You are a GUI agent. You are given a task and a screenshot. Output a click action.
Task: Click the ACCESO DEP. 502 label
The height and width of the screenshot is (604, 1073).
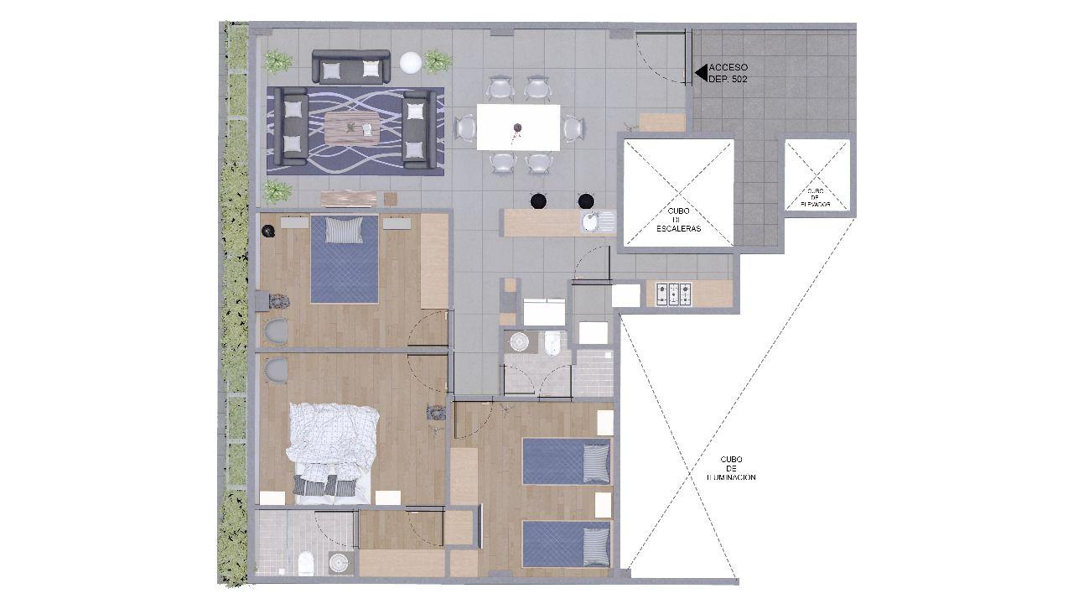[728, 73]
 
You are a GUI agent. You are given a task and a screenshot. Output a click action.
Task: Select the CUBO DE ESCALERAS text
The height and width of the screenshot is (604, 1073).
[678, 220]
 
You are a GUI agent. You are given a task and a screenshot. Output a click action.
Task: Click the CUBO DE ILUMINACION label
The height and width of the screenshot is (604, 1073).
[730, 468]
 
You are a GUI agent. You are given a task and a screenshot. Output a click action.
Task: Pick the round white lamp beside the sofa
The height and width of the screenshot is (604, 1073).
[411, 63]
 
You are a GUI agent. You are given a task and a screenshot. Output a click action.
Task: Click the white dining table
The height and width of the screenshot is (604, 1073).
[518, 127]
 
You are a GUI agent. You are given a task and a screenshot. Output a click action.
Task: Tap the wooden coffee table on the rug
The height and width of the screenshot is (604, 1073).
[352, 128]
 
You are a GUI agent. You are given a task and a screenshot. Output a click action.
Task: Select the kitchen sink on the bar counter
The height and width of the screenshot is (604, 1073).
[598, 222]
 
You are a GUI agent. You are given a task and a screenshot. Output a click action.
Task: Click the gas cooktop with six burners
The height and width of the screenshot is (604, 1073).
[674, 294]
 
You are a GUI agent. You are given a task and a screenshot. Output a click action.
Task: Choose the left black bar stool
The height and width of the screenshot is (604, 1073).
[537, 200]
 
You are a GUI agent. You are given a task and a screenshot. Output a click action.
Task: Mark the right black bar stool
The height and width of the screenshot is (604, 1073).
[584, 200]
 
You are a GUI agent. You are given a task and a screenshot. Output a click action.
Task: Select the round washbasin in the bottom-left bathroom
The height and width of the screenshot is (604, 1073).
[339, 562]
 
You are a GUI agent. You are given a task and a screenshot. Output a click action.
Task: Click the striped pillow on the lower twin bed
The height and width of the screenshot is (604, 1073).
[596, 545]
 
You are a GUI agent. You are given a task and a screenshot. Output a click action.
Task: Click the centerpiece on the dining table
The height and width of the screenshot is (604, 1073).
[518, 128]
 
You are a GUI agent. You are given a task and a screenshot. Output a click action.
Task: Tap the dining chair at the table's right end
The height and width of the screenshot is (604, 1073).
[574, 128]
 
